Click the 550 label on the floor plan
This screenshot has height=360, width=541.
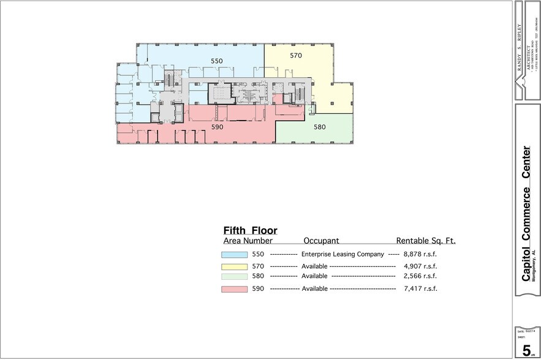coord(217,61)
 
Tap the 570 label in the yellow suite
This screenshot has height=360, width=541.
coord(296,56)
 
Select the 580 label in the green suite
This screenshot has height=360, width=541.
coord(319,127)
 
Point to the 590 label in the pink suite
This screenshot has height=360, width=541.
coord(217,127)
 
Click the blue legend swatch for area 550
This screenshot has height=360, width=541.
coord(234,254)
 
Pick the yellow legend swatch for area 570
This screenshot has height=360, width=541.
coord(234,266)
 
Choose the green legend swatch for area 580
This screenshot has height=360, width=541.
coord(234,277)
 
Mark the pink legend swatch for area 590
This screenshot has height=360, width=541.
coord(234,288)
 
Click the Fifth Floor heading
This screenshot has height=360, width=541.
coord(250,231)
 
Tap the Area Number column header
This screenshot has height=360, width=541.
coord(248,241)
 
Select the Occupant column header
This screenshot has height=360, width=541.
coord(321,241)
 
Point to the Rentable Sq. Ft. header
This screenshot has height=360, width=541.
coord(426,241)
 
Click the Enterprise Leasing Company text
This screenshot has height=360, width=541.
coord(342,254)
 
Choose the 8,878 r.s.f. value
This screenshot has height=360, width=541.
coord(420,254)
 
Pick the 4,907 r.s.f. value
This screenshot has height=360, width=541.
coord(420,266)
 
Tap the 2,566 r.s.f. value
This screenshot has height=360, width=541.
coord(420,277)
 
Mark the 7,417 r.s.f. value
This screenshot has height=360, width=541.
coord(420,288)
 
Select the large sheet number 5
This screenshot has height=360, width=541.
coord(526,350)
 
